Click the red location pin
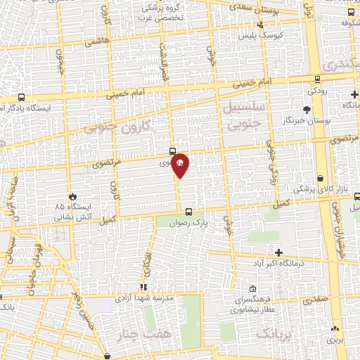(180, 162)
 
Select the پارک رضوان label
(188, 223)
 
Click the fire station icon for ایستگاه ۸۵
(73, 197)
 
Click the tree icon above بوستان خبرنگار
(306, 109)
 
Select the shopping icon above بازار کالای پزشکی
(321, 179)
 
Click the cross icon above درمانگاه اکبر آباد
(279, 252)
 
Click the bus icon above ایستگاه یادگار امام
(21, 98)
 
